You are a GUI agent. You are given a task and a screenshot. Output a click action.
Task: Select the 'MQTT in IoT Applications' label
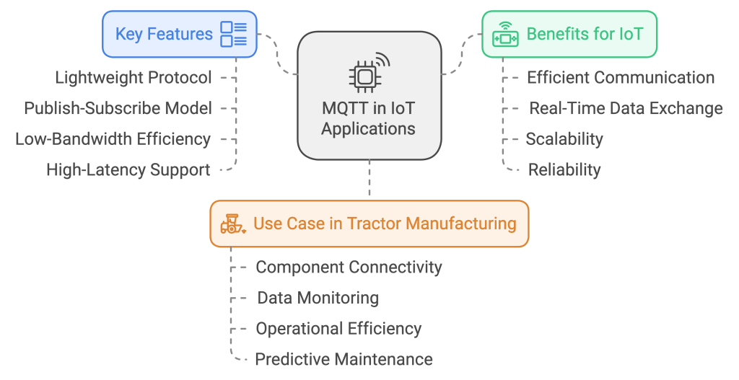tap(368, 120)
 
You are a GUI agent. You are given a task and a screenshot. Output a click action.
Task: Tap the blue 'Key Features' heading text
tap(164, 34)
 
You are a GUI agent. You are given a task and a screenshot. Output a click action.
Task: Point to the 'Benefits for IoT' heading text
tap(584, 34)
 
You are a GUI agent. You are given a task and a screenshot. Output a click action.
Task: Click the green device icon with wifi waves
tap(504, 35)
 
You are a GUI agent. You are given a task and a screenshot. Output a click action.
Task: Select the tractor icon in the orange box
tap(233, 224)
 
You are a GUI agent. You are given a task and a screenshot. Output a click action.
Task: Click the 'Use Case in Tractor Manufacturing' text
tap(385, 224)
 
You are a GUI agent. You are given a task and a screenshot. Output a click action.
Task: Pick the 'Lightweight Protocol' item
tap(134, 77)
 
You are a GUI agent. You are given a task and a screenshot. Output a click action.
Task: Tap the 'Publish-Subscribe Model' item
tap(118, 108)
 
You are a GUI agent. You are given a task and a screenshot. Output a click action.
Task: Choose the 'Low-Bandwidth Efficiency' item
tap(113, 139)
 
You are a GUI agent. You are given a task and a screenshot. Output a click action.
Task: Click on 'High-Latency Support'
tap(128, 170)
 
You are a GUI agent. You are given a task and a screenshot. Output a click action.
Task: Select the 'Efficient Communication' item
tap(621, 77)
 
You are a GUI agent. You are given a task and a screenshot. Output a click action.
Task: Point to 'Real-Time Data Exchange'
tap(626, 108)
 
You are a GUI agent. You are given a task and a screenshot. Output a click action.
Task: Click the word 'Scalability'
tap(564, 139)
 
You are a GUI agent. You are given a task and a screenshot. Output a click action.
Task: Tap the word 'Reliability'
tap(564, 170)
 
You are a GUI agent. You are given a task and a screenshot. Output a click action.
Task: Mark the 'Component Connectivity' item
tap(349, 267)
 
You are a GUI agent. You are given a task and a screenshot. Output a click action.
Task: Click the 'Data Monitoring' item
tap(318, 298)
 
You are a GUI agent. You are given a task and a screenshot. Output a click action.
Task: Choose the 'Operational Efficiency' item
tap(338, 329)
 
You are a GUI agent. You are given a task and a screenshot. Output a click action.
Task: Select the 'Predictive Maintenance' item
tap(344, 359)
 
